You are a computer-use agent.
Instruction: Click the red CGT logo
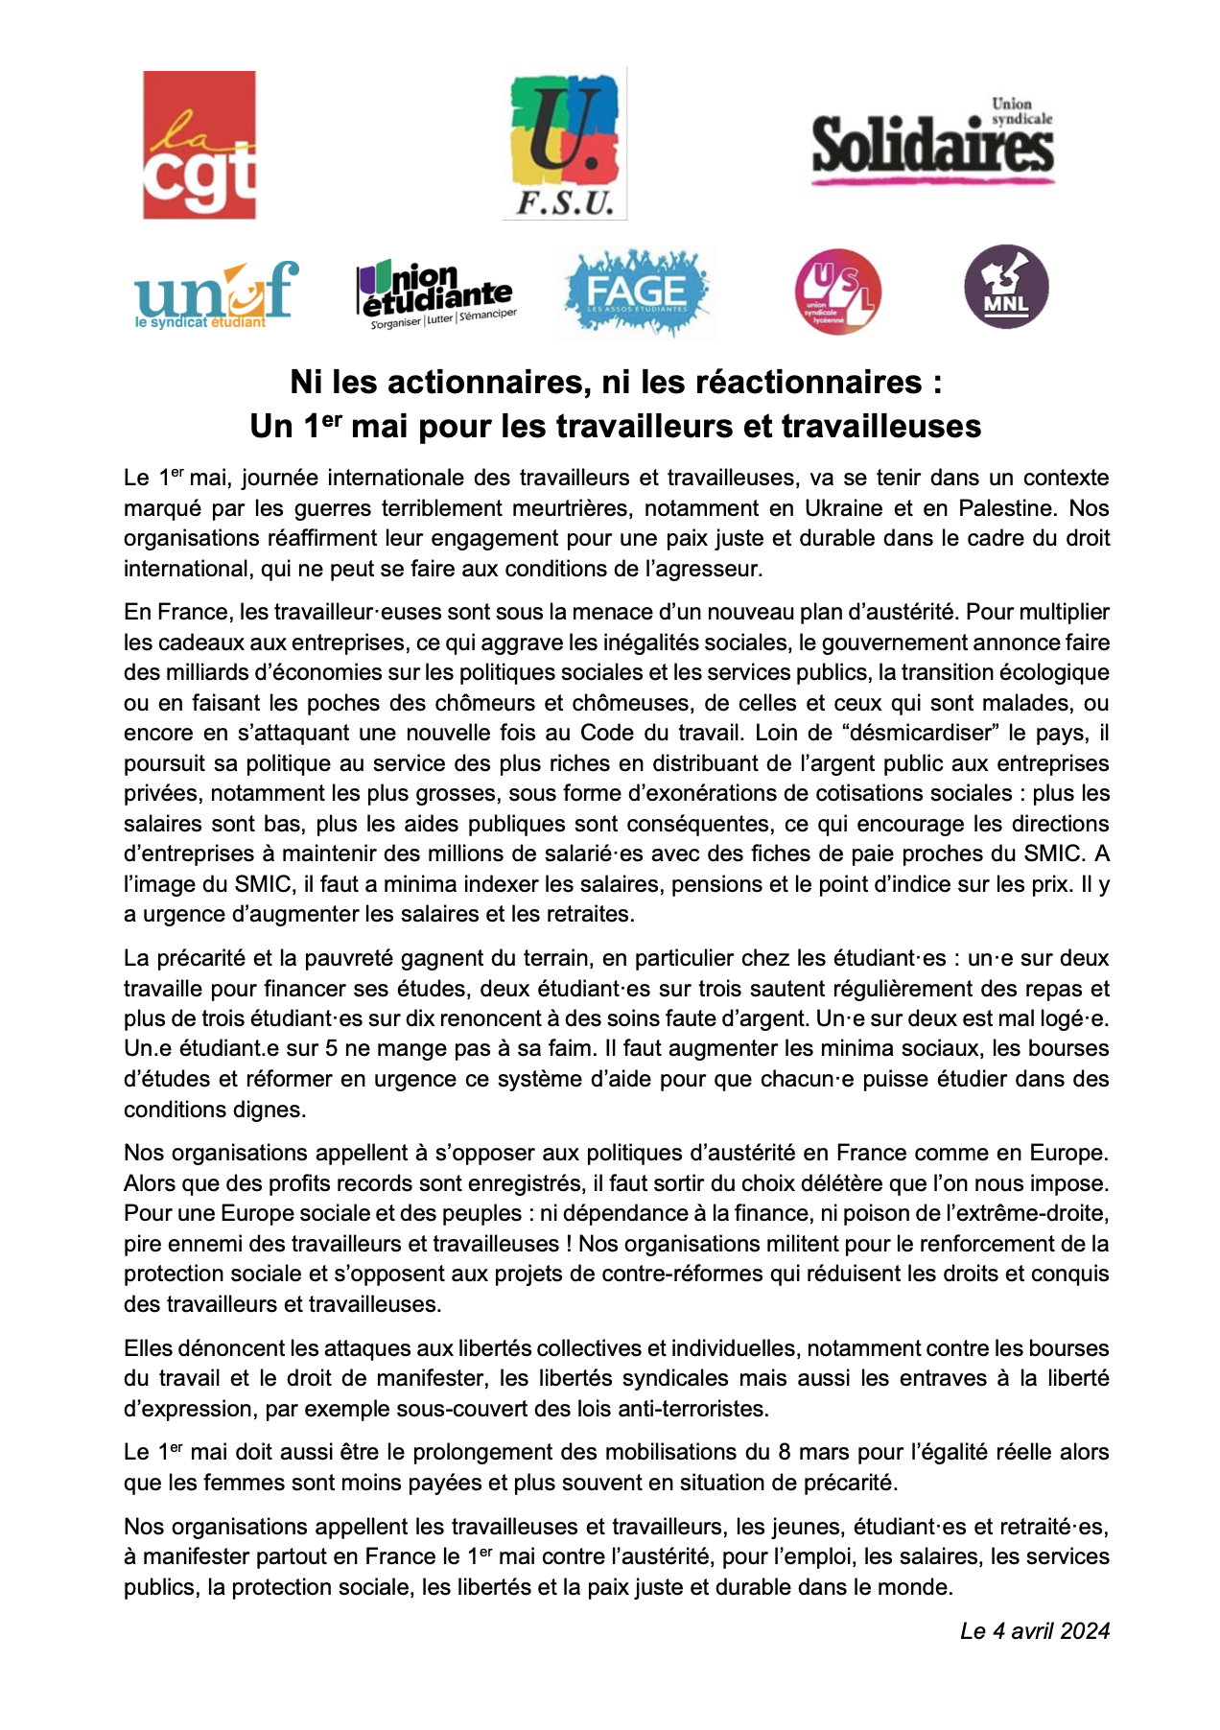(x=199, y=145)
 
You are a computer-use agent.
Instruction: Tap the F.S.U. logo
(x=565, y=145)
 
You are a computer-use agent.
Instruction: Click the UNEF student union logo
(x=215, y=293)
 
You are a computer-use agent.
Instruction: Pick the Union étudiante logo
(x=436, y=293)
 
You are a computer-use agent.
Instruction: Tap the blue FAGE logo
(x=638, y=292)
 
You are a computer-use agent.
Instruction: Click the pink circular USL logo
(x=837, y=292)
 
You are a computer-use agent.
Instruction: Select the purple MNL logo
(x=1006, y=287)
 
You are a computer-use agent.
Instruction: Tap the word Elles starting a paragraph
(x=150, y=1348)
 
